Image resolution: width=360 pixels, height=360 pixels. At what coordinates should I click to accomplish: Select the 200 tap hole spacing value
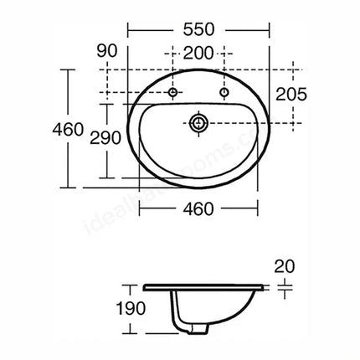[x=199, y=53]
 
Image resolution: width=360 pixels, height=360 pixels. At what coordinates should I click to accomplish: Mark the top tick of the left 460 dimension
[x=66, y=69]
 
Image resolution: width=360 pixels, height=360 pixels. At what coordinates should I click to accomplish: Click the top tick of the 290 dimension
[x=105, y=101]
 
